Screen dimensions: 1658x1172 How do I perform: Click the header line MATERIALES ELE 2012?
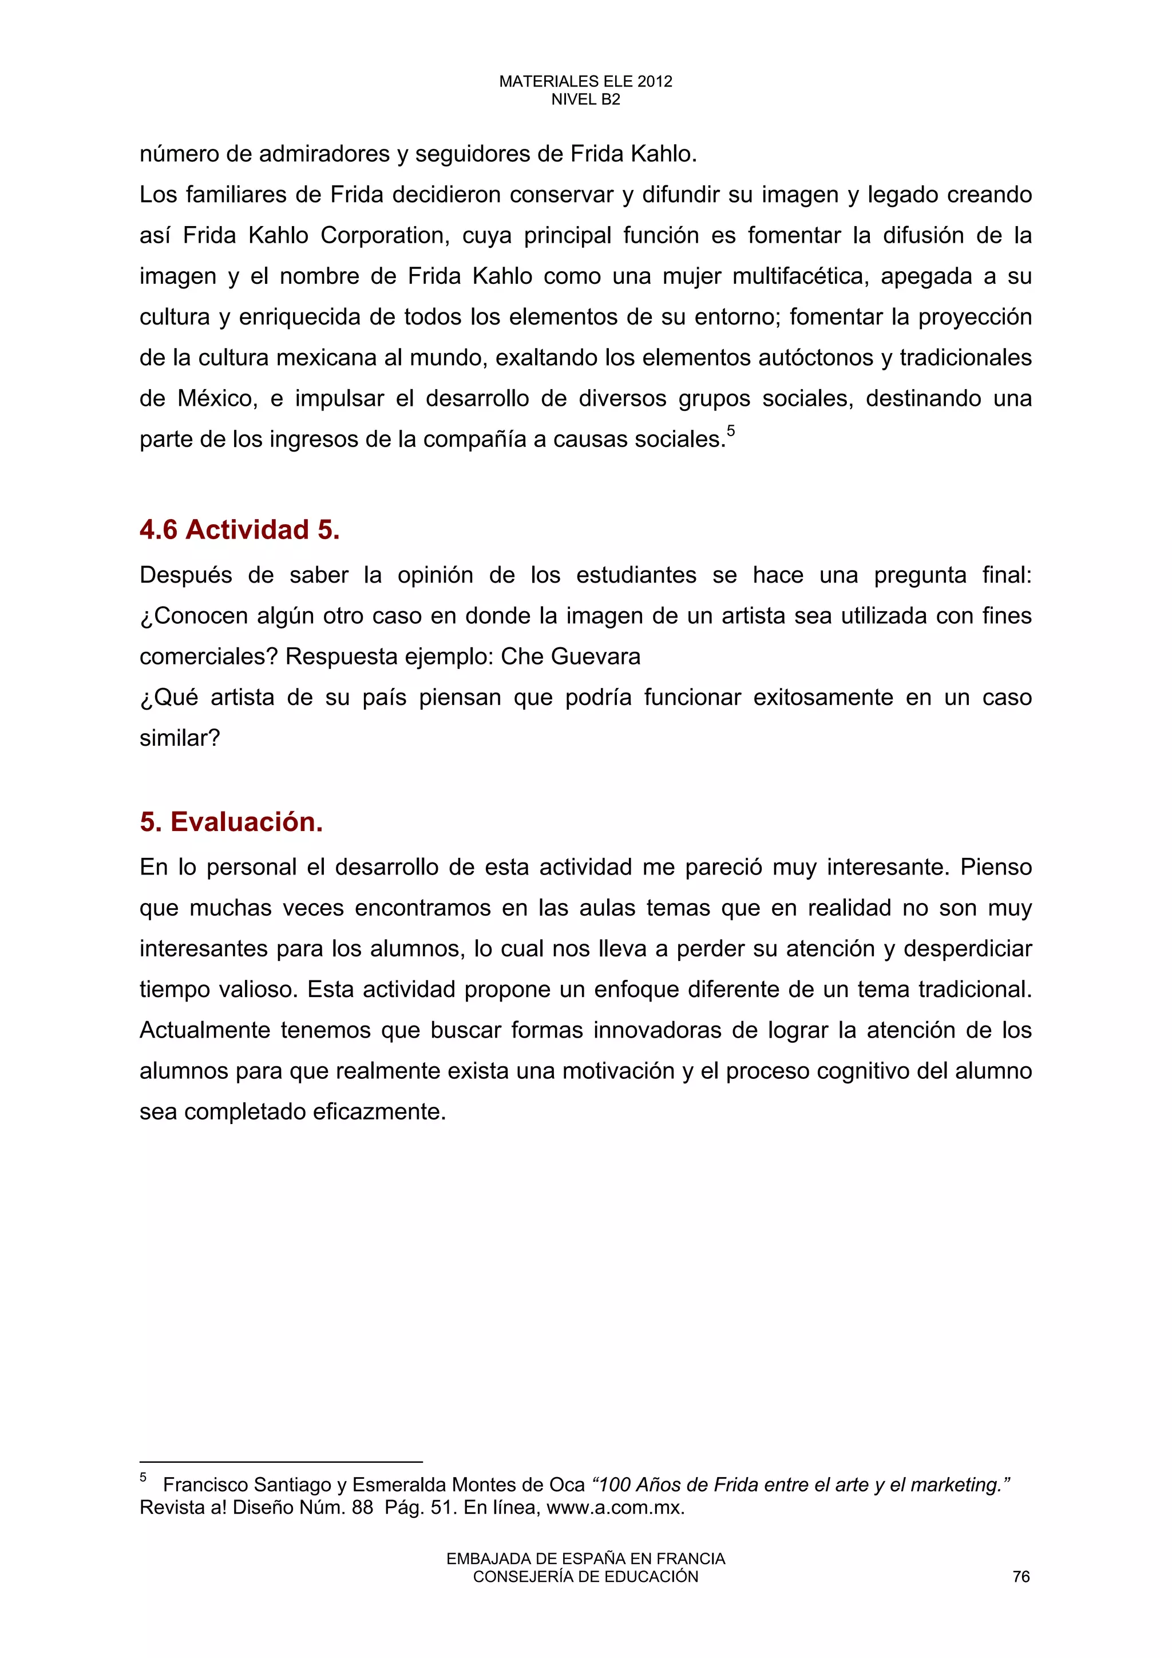tap(585, 82)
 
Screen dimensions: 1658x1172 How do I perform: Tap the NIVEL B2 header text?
tap(585, 100)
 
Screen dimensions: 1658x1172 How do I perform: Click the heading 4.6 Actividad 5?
tap(240, 530)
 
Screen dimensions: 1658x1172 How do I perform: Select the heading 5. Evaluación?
tap(231, 822)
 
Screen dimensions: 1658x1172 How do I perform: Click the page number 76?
tap(1021, 1576)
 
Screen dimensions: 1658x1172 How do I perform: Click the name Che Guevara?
tap(571, 656)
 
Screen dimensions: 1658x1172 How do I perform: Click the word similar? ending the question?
tap(179, 738)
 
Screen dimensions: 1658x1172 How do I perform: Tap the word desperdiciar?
tap(968, 948)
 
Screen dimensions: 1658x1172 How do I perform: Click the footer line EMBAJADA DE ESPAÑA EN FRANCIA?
tap(585, 1559)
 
